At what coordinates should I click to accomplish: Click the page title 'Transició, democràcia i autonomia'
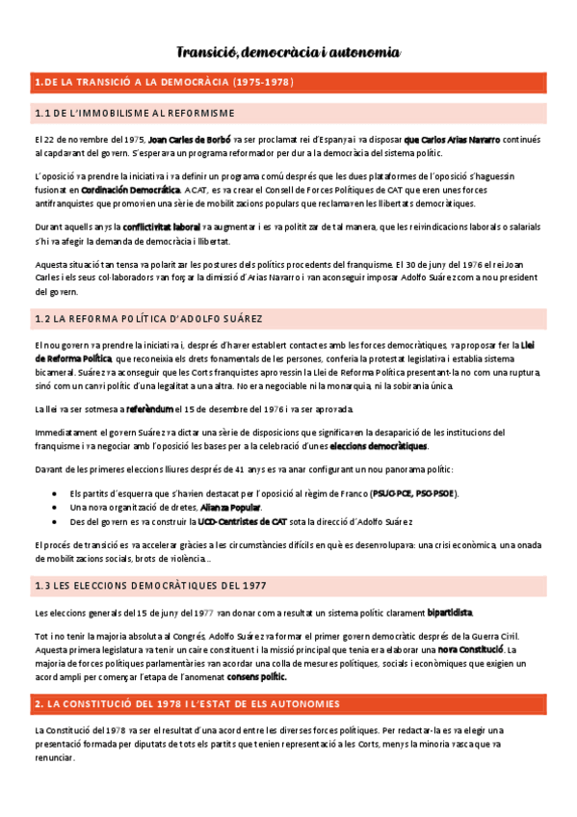(288, 52)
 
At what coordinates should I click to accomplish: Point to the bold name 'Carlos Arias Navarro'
(452, 140)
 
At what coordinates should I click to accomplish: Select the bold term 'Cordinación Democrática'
(130, 191)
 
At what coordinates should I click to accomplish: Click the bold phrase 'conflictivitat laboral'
(161, 227)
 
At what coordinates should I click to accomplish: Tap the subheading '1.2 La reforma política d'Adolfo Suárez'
(147, 318)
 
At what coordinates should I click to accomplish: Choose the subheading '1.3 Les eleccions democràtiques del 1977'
(149, 586)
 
